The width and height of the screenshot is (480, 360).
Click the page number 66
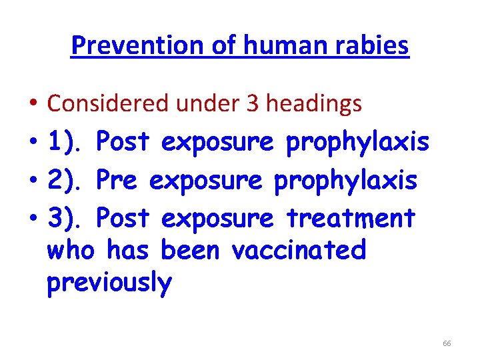pos(447,343)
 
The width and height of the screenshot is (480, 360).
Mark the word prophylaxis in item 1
pos(357,141)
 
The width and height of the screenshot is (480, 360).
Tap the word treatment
pos(351,217)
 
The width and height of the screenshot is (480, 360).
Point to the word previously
pos(109,283)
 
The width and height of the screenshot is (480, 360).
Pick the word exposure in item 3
pos(217,217)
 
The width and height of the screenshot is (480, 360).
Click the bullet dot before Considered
pos(33,104)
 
